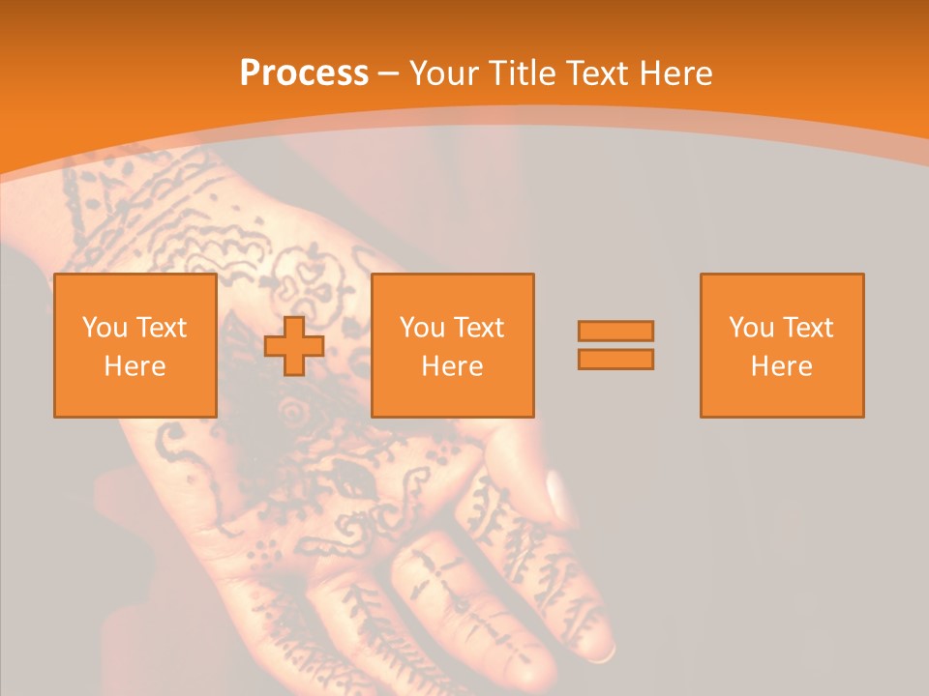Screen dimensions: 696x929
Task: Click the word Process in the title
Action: click(304, 73)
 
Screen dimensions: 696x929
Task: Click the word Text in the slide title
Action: click(594, 73)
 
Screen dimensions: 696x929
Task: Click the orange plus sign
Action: click(294, 345)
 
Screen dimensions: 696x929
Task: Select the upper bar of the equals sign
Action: click(615, 331)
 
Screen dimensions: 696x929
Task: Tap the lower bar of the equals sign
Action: click(615, 359)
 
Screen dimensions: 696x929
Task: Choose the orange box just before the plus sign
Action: click(135, 346)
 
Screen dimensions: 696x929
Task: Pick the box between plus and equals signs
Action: click(452, 346)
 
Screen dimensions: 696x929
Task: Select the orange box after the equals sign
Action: click(781, 346)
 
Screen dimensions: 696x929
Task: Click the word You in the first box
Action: click(105, 328)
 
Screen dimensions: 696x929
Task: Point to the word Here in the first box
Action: click(135, 366)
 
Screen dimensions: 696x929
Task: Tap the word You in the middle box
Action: click(422, 328)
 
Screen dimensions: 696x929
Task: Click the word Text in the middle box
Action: click(478, 328)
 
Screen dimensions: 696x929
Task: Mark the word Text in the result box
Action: click(807, 328)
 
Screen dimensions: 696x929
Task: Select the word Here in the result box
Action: click(781, 366)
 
